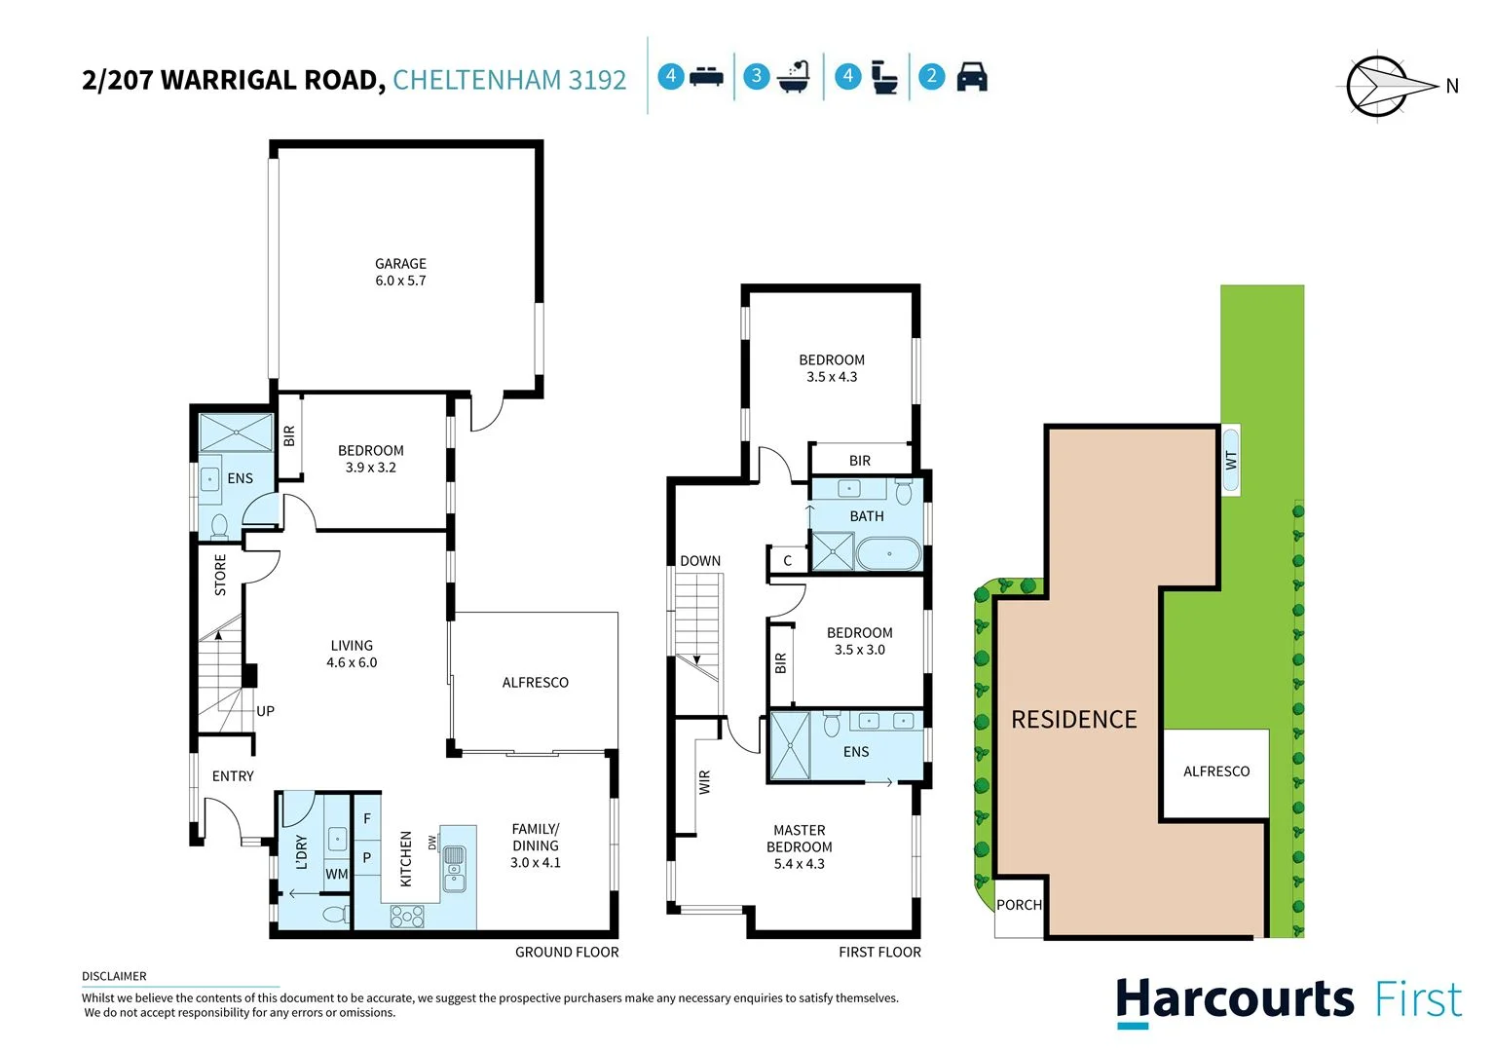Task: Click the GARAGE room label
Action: pyautogui.click(x=400, y=264)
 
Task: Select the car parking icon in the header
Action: pyautogui.click(x=971, y=77)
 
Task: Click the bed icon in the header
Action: pyautogui.click(x=706, y=77)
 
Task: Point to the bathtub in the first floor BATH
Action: pyautogui.click(x=888, y=554)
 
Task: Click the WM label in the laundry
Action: pyautogui.click(x=336, y=874)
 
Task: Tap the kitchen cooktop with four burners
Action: pyautogui.click(x=407, y=916)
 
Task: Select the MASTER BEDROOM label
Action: pyautogui.click(x=799, y=839)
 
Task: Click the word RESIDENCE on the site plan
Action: pyautogui.click(x=1073, y=720)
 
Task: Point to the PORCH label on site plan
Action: pyautogui.click(x=1019, y=905)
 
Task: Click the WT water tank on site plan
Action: pyautogui.click(x=1231, y=460)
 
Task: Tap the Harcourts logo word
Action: pyautogui.click(x=1234, y=1000)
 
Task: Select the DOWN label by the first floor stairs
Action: pyautogui.click(x=700, y=561)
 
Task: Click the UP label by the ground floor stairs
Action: pyautogui.click(x=265, y=711)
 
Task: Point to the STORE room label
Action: pyautogui.click(x=220, y=575)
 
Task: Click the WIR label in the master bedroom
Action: pyautogui.click(x=704, y=782)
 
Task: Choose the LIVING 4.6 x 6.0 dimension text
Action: pyautogui.click(x=352, y=662)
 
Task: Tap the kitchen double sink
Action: pyautogui.click(x=454, y=869)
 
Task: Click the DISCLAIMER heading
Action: pyautogui.click(x=114, y=976)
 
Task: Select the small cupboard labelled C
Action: pyautogui.click(x=787, y=561)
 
